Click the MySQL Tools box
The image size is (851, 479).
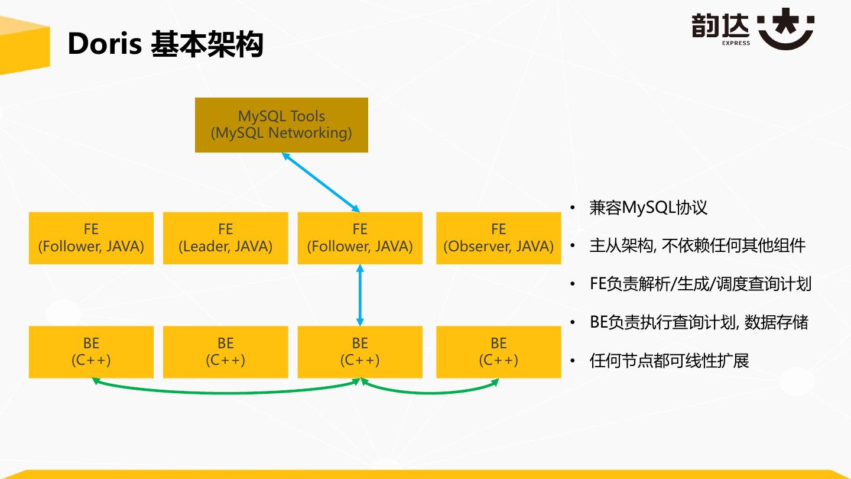coord(281,125)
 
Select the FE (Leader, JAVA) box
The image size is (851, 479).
coord(225,238)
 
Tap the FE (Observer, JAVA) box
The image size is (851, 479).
coord(498,238)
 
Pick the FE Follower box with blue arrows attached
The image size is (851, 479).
coord(360,238)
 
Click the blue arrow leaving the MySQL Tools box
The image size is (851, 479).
coord(321,182)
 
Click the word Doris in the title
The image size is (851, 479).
coord(104,44)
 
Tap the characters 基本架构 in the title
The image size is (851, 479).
coord(207,44)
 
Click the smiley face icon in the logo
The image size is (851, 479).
coord(786,29)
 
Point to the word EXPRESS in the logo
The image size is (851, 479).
coord(736,43)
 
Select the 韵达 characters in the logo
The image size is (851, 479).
coord(720,26)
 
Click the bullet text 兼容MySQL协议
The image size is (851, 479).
coord(648,208)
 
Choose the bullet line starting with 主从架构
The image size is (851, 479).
coord(697,245)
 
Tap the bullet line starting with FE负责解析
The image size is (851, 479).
coord(700,284)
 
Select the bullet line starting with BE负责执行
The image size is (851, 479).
coord(699,322)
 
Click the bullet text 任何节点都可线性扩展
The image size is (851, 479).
coord(669,360)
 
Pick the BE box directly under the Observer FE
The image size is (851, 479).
coord(498,352)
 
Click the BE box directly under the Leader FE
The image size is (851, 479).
coord(225,352)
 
